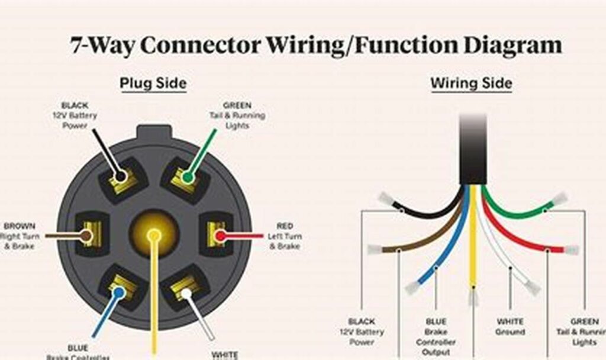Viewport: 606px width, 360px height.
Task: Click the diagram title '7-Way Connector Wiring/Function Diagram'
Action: click(x=316, y=46)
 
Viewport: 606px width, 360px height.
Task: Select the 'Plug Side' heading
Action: click(x=153, y=83)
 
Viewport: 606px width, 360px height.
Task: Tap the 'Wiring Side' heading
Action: click(x=471, y=83)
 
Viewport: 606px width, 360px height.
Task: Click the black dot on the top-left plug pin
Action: click(x=121, y=176)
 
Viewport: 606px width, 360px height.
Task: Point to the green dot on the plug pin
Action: click(x=188, y=176)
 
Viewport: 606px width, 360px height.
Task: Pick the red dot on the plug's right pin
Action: click(x=220, y=236)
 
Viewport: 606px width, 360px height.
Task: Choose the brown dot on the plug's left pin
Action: click(x=86, y=236)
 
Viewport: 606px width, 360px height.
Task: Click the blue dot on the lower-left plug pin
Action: click(x=119, y=291)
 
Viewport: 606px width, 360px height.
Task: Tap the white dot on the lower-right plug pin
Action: click(x=186, y=292)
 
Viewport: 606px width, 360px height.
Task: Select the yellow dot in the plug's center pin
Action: click(x=154, y=235)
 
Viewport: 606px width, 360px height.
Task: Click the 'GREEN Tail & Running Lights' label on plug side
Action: click(x=237, y=115)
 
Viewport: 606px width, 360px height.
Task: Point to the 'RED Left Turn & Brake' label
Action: click(x=285, y=236)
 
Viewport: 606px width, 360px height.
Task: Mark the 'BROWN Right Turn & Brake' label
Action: click(x=20, y=236)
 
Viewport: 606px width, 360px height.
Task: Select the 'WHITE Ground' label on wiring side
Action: click(x=510, y=327)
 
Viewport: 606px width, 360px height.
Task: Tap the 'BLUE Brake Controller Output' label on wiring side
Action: click(x=436, y=337)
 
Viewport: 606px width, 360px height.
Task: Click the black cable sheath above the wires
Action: click(x=473, y=151)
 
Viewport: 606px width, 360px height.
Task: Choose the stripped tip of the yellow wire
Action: click(x=473, y=296)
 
